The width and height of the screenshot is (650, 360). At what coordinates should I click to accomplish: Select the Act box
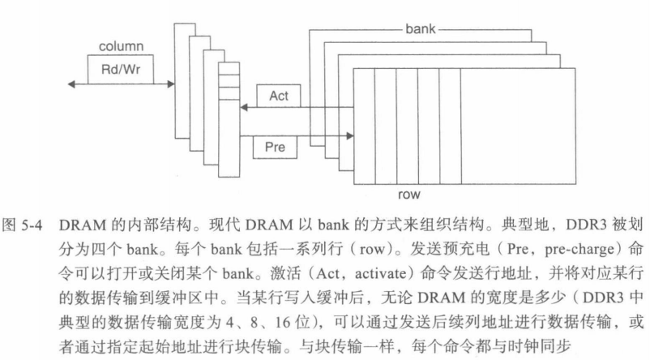pyautogui.click(x=278, y=96)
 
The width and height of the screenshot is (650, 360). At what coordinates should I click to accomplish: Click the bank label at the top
pyautogui.click(x=419, y=28)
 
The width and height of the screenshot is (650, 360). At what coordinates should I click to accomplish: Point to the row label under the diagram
pyautogui.click(x=408, y=195)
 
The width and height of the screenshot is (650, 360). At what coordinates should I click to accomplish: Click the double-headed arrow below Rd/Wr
pyautogui.click(x=122, y=83)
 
